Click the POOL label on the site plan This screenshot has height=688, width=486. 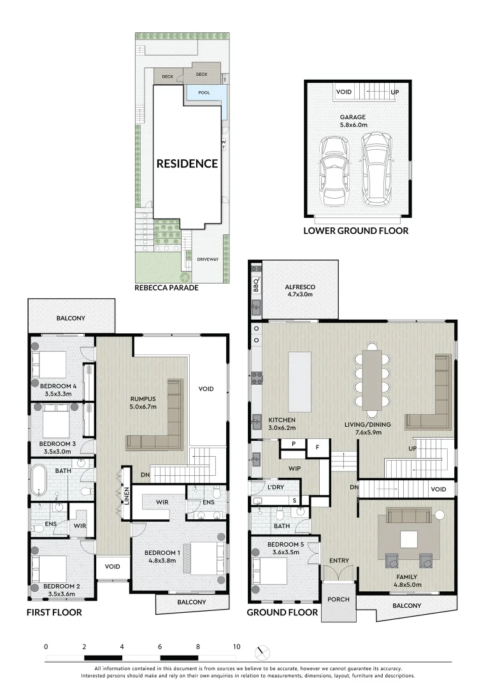pyautogui.click(x=204, y=92)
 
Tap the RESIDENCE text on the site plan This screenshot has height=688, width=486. pyautogui.click(x=187, y=164)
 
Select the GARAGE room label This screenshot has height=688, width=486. pyautogui.click(x=353, y=117)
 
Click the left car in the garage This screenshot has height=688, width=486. pyautogui.click(x=334, y=171)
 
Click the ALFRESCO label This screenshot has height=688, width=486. pyautogui.click(x=300, y=287)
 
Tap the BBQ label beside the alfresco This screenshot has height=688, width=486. pyautogui.click(x=256, y=285)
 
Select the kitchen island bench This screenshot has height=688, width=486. pyautogui.click(x=299, y=382)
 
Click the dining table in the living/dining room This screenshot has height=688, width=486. pyautogui.click(x=372, y=380)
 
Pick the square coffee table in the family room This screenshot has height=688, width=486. pyautogui.click(x=409, y=540)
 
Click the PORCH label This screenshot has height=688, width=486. pyautogui.click(x=339, y=599)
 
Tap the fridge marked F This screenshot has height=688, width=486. pyautogui.click(x=318, y=448)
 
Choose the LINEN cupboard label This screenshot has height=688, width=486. pyautogui.click(x=126, y=496)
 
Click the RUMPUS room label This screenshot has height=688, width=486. pyautogui.click(x=143, y=399)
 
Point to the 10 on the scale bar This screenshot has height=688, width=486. pyautogui.click(x=237, y=647)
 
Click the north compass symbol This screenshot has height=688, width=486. pyautogui.click(x=262, y=652)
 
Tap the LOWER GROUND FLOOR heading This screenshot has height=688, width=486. pyautogui.click(x=355, y=231)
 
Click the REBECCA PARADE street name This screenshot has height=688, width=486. pyautogui.click(x=166, y=288)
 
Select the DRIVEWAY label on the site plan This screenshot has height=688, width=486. pyautogui.click(x=208, y=259)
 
